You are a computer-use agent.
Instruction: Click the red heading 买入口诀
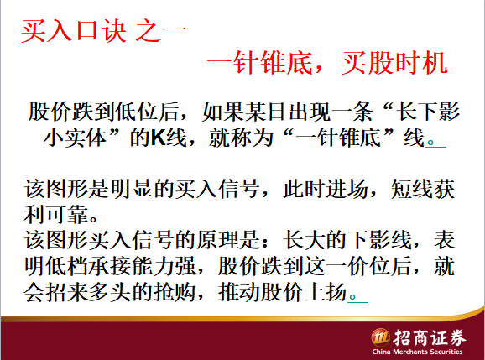coord(74,30)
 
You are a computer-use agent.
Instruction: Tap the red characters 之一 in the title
coord(161,30)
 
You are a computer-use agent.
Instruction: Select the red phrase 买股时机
coord(394,63)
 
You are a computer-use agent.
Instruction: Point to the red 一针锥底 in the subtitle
coord(259,63)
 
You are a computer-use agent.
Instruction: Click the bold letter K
coord(159,138)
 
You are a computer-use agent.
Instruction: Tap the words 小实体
coord(76,138)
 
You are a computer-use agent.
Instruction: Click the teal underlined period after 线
coord(430,143)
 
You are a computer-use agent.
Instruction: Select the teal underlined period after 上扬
coord(352,297)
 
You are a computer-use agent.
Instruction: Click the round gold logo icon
coord(380,337)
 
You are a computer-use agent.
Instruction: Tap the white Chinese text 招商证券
coord(430,337)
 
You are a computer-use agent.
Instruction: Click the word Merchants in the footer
coord(409,352)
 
